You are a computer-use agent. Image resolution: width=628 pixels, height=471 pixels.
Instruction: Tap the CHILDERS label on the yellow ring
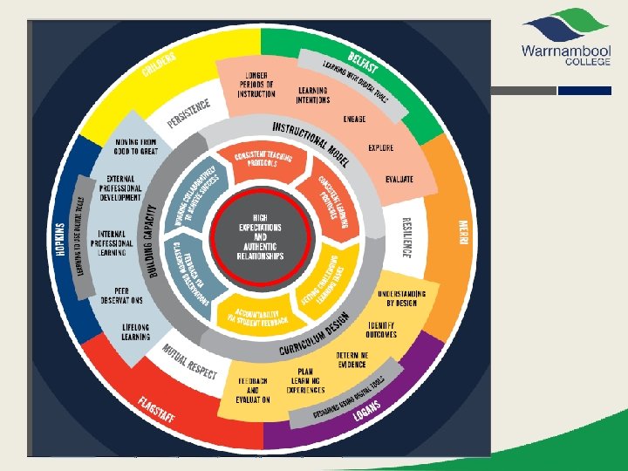[x=160, y=65]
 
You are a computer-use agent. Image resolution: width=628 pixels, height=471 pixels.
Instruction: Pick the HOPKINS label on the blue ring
[x=61, y=236]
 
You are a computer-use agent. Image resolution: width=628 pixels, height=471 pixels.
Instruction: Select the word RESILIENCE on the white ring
[x=406, y=236]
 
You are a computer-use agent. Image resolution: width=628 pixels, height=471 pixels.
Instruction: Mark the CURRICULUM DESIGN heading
[x=314, y=336]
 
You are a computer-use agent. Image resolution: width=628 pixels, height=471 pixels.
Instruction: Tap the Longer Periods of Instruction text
[x=256, y=85]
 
